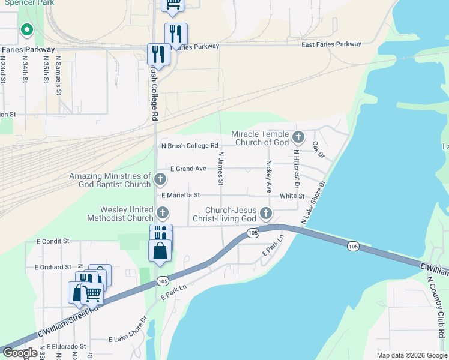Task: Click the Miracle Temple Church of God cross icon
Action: [x=298, y=139]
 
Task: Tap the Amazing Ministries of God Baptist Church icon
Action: [x=160, y=179]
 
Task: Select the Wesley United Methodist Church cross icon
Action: [x=162, y=212]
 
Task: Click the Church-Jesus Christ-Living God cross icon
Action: [x=265, y=213]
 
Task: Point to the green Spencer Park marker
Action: [x=26, y=29]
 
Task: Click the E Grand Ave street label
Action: [x=188, y=169]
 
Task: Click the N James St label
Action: [x=221, y=168]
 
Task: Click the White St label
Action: [x=292, y=196]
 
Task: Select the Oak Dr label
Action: [x=318, y=150]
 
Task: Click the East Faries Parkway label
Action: [x=331, y=44]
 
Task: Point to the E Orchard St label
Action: [x=53, y=266]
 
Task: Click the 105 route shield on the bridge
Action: [x=353, y=246]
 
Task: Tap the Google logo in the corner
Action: [x=19, y=353]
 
